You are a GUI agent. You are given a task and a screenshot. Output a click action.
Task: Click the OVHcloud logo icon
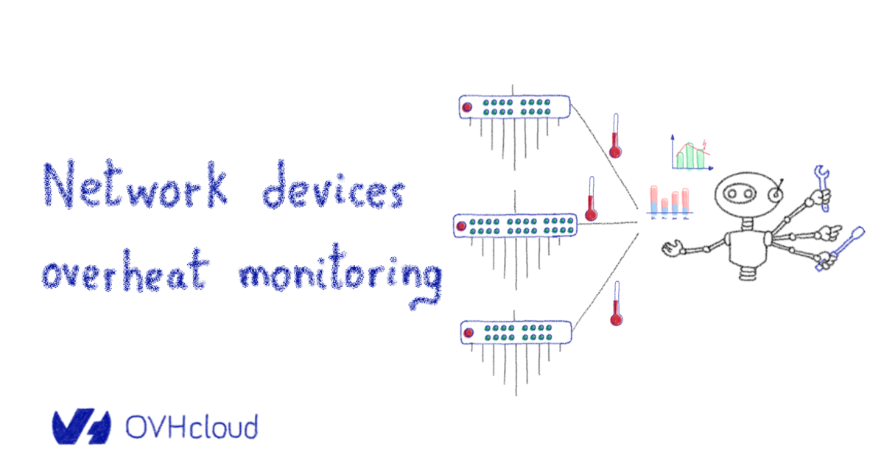81,427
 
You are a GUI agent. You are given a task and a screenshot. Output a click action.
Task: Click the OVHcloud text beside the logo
192,427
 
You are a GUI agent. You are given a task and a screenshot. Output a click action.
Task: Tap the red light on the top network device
466,107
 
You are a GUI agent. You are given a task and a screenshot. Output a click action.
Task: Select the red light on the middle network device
461,225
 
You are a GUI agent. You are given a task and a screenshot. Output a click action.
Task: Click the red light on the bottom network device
467,333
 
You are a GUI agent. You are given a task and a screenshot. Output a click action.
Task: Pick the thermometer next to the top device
615,138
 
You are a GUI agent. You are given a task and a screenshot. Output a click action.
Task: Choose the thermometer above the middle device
590,200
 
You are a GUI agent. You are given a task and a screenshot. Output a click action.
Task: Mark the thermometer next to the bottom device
616,304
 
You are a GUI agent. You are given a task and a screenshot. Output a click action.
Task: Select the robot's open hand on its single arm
671,250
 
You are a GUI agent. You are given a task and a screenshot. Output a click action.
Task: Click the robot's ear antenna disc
775,194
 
